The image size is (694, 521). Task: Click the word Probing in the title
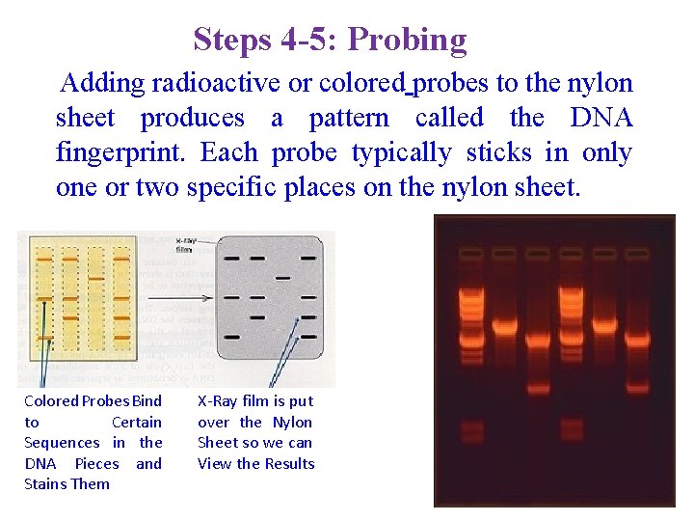(x=407, y=40)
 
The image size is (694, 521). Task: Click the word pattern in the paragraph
(x=349, y=119)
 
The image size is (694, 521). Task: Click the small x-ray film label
(x=188, y=243)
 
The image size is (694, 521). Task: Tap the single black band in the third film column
(x=282, y=278)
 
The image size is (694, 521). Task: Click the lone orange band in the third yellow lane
(x=96, y=278)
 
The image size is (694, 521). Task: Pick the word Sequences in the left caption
(x=62, y=443)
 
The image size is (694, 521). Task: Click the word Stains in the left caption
(x=43, y=483)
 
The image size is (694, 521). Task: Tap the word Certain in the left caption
(x=136, y=423)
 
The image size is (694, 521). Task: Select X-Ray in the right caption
(x=218, y=400)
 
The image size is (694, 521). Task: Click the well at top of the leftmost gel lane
(x=471, y=253)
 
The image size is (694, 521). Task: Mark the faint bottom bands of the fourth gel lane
(x=570, y=427)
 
